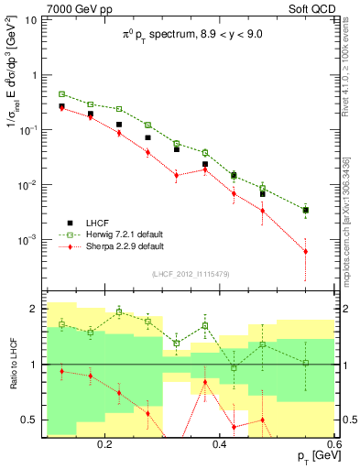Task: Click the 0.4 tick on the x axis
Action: (x=219, y=443)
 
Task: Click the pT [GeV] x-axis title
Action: (x=313, y=455)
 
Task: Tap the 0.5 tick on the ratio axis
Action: (x=30, y=420)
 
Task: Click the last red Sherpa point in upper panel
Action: (x=306, y=251)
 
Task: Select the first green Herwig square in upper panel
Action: (x=61, y=93)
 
